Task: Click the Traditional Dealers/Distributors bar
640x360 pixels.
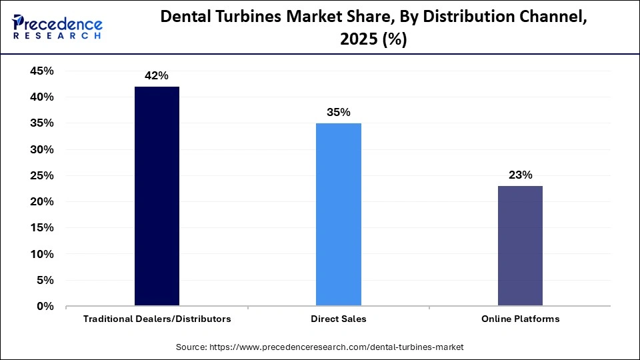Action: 157,197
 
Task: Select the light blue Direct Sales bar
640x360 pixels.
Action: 339,215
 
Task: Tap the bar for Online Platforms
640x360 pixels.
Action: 520,246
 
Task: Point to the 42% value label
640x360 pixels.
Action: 157,76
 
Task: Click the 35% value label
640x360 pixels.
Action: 339,113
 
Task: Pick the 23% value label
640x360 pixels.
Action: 520,175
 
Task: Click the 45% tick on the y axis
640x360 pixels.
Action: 41,71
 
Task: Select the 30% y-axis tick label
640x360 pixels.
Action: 41,150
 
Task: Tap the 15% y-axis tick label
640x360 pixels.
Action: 41,228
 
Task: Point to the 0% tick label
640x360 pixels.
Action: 45,307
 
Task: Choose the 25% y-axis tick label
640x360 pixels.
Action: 41,176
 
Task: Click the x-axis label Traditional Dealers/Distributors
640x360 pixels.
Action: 157,319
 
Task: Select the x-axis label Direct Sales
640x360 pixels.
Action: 339,319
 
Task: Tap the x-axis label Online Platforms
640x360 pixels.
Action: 520,319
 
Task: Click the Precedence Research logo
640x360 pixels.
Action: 57,27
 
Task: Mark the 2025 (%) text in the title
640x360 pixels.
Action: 373,40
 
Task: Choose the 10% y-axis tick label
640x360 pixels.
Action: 41,255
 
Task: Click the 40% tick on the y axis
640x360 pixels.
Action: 41,97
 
